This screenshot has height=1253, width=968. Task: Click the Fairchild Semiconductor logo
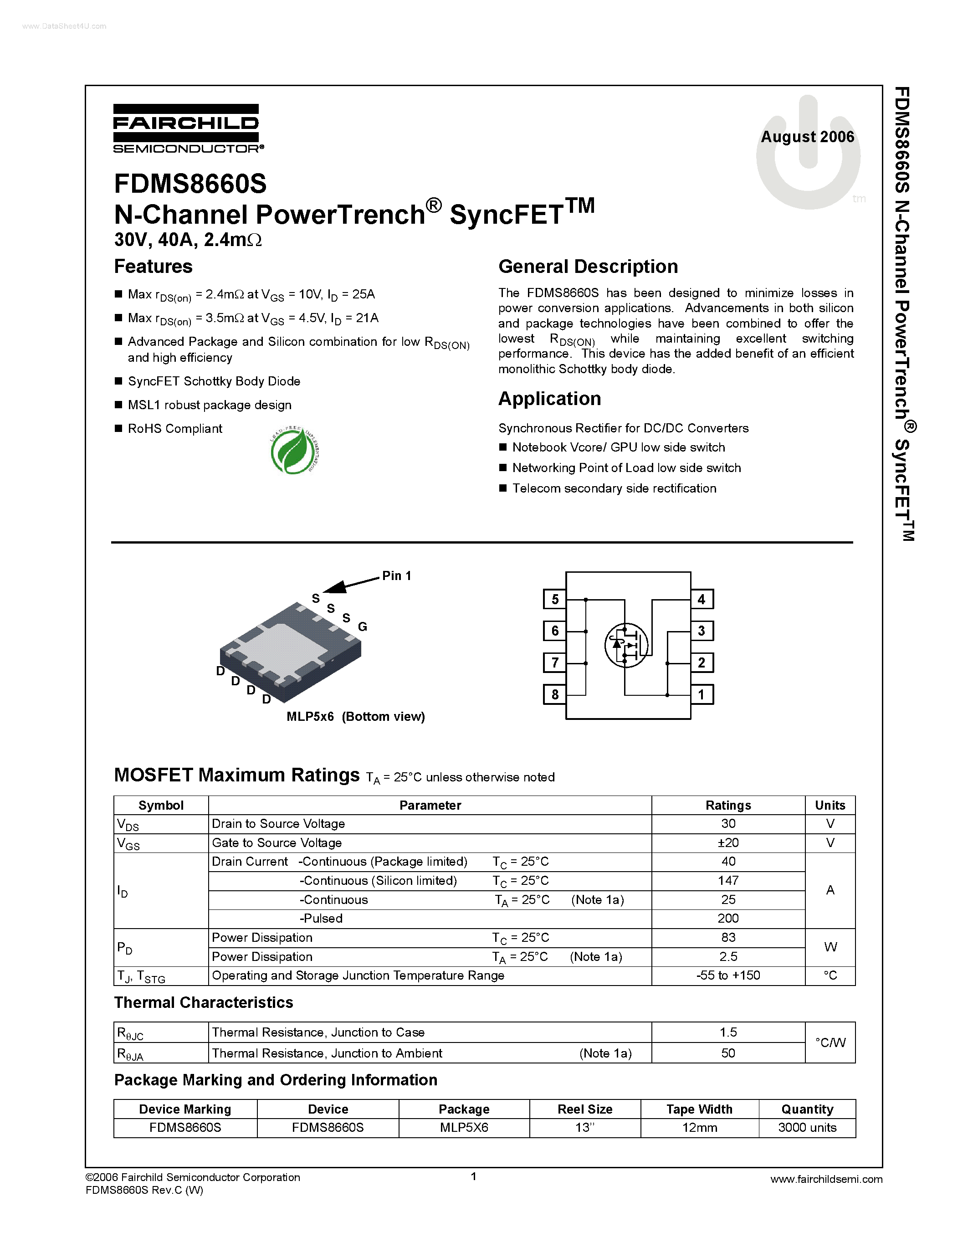coord(188,129)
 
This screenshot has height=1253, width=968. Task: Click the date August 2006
coord(807,137)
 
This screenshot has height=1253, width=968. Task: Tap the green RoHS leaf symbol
coord(294,452)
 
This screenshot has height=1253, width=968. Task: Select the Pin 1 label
coord(396,576)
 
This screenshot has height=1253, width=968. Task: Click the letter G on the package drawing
coord(363,627)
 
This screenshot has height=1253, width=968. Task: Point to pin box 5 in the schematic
coord(554,600)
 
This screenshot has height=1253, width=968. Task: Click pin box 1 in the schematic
coord(702,695)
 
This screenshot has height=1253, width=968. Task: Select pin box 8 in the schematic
coord(554,695)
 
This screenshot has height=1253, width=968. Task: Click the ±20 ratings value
coord(728,843)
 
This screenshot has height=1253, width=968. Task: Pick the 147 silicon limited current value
coord(728,881)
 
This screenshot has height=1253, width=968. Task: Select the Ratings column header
coord(728,806)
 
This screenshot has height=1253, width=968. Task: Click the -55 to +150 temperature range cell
coord(728,976)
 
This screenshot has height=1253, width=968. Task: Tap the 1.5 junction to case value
coord(728,1032)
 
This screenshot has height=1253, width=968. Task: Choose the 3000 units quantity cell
coord(807,1128)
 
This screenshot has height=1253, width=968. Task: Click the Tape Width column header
coord(699,1109)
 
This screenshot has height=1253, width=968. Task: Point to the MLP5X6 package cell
coord(464,1128)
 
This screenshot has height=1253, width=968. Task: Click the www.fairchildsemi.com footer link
coord(826,1180)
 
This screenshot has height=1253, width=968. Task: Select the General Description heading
coord(588,267)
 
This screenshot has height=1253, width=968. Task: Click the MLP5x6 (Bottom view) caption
coord(356,717)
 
